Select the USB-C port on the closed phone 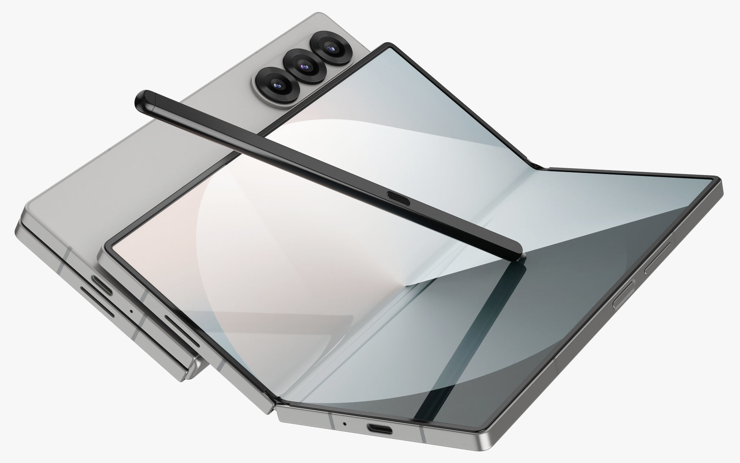click(x=101, y=284)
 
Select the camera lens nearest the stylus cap click(x=276, y=84)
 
